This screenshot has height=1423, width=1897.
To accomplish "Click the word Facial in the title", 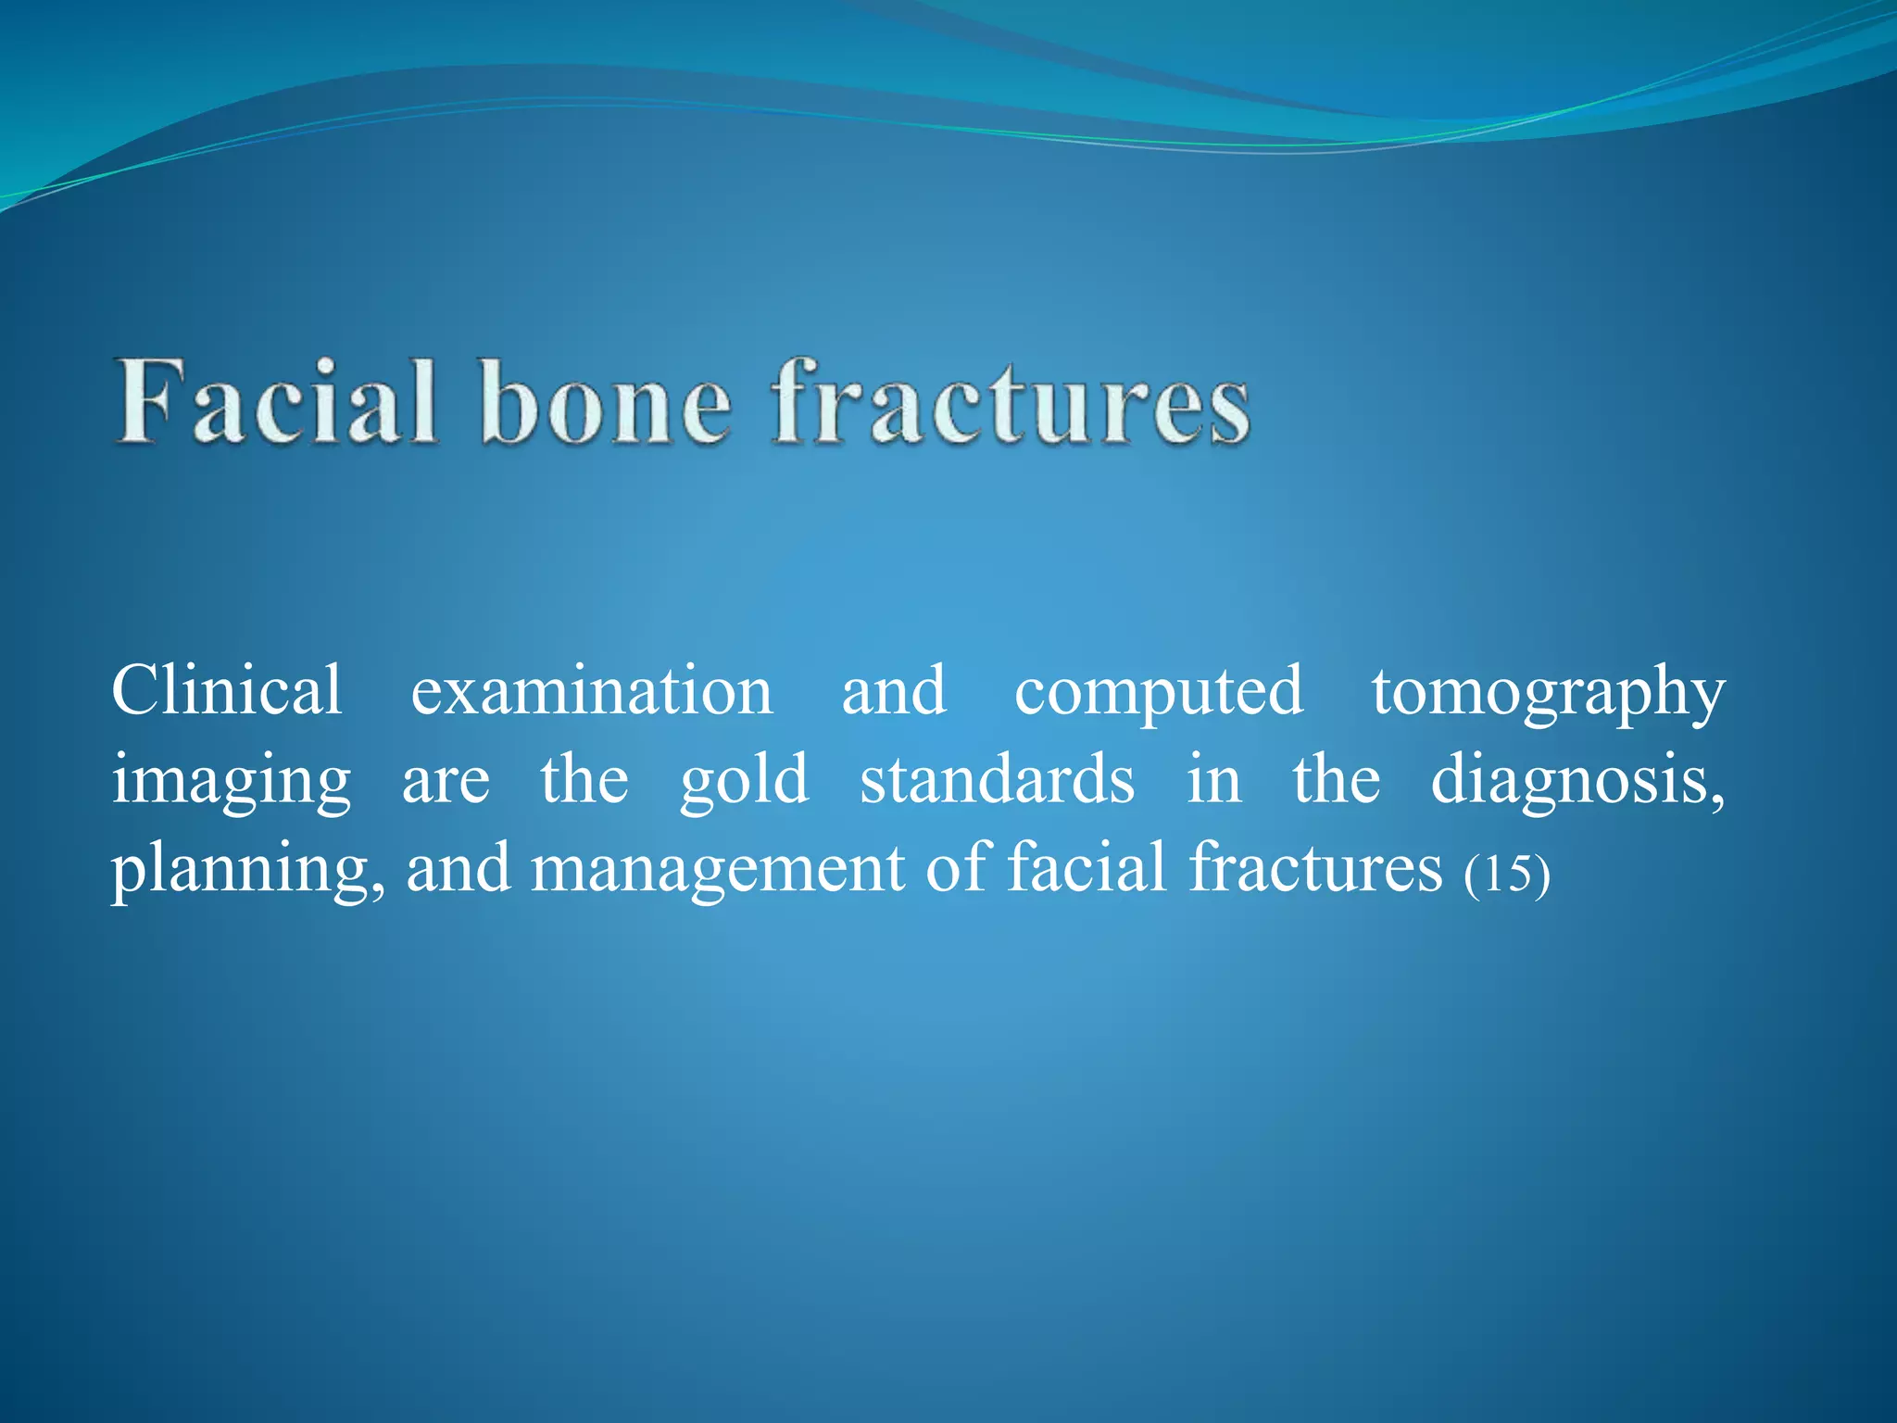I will (276, 403).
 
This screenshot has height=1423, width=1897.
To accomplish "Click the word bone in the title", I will (607, 403).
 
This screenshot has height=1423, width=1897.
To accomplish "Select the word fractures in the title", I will (1011, 403).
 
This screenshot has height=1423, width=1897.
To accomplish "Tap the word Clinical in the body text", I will (227, 691).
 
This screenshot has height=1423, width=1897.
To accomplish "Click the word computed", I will (1159, 691).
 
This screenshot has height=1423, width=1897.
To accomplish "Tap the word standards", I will (997, 779).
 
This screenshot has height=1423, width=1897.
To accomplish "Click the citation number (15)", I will (1506, 873).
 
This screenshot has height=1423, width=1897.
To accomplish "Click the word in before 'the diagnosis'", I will (1213, 779).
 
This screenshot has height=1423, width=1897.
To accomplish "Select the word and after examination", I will (893, 691).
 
